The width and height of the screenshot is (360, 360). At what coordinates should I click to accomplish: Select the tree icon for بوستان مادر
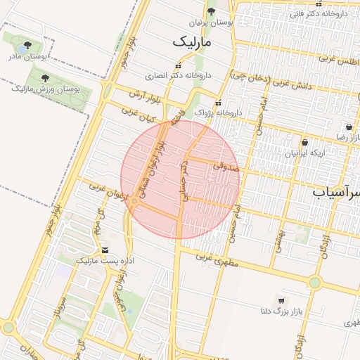[27, 44]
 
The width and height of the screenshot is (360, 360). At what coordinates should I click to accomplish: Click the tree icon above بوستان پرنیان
[211, 11]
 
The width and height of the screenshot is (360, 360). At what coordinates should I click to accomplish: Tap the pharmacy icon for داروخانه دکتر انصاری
[177, 65]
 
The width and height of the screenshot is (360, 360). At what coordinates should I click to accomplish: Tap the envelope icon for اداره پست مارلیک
[105, 250]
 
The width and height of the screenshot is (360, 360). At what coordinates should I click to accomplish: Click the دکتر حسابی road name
[186, 180]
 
